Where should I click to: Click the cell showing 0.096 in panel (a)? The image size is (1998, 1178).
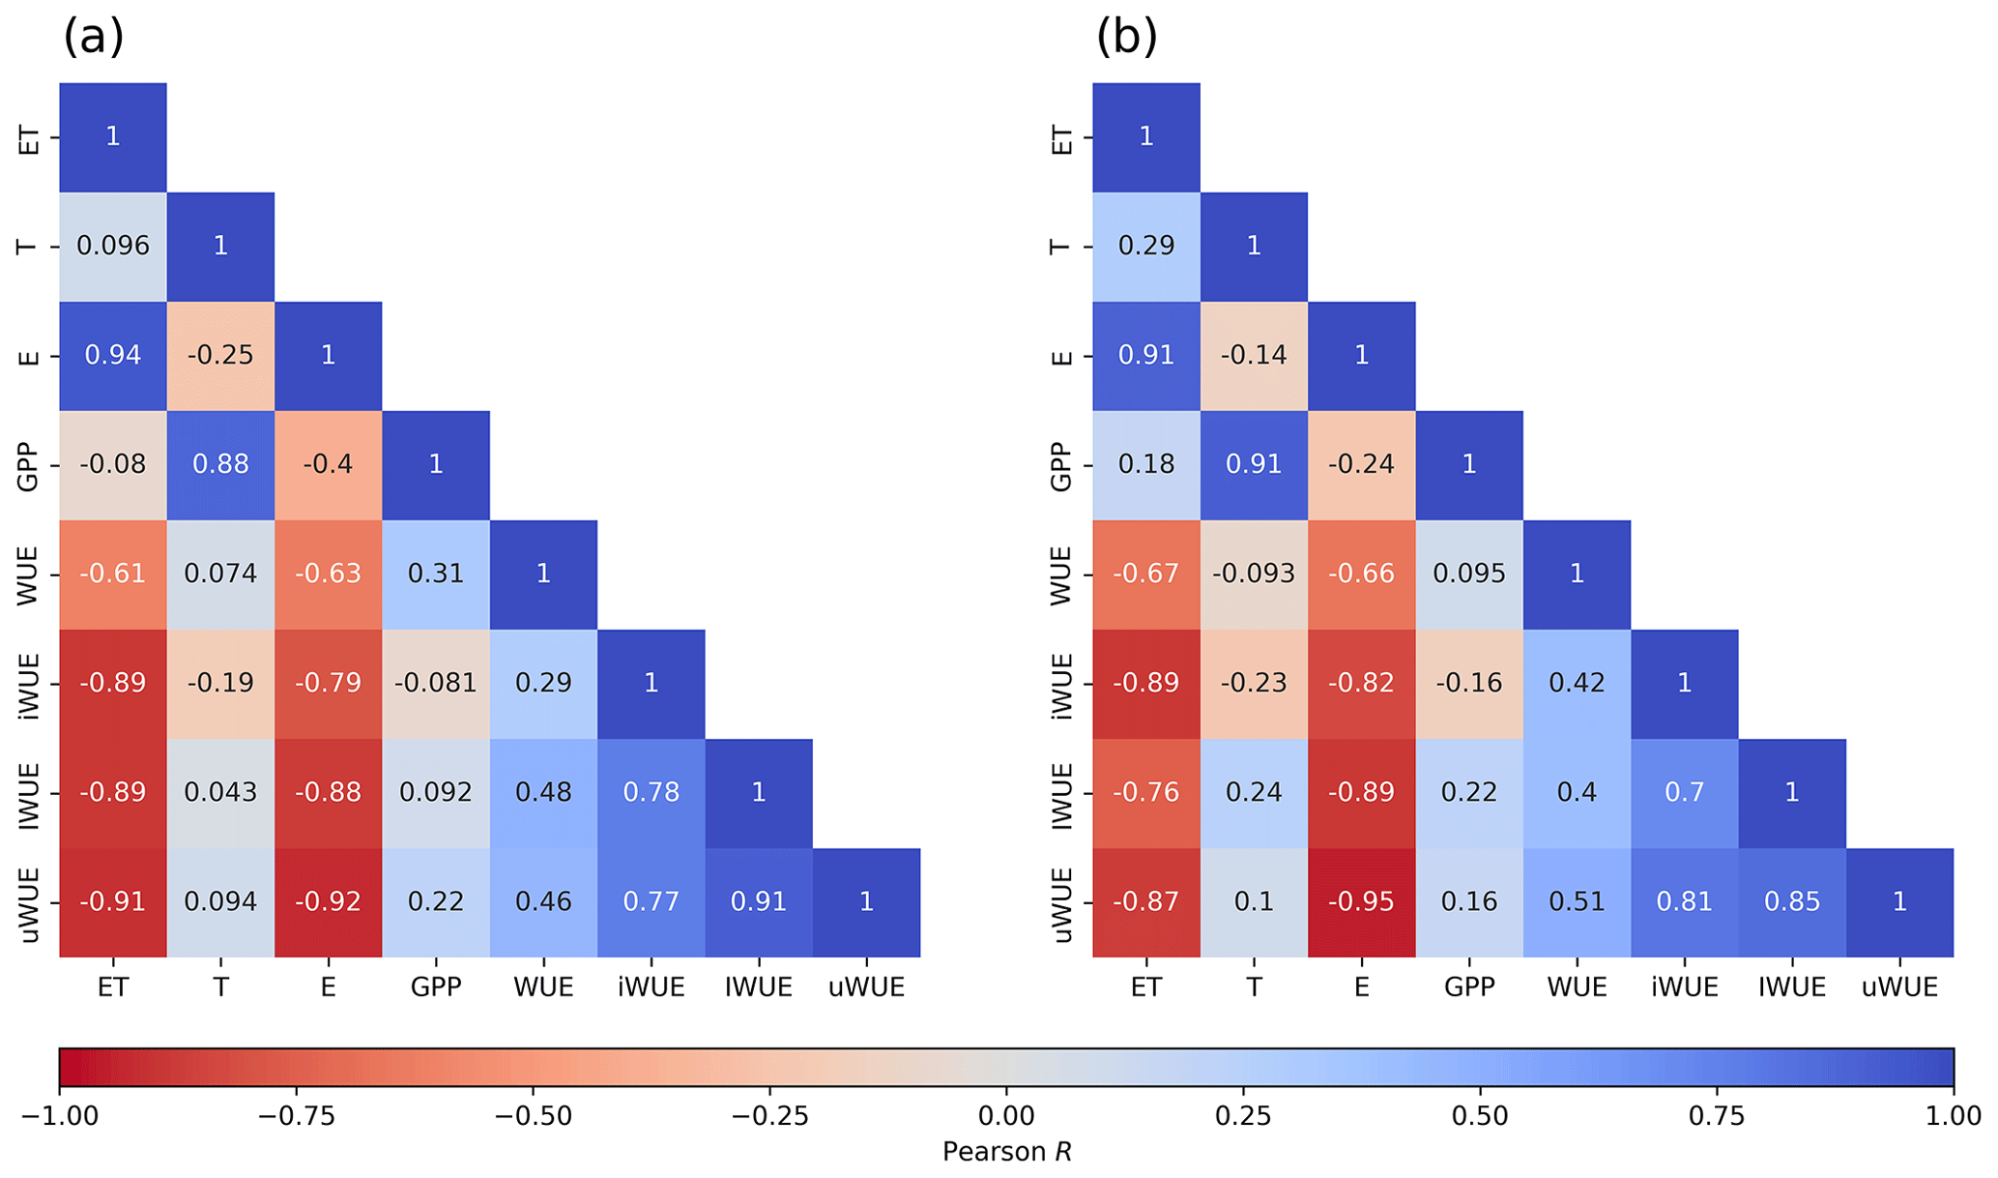(113, 246)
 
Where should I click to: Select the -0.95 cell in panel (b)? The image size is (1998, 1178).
(1361, 901)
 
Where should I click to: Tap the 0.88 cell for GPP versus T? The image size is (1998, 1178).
(220, 464)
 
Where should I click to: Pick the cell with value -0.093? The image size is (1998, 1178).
(1254, 574)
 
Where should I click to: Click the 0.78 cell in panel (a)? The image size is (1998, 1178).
(651, 792)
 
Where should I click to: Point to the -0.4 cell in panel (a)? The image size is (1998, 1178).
(328, 464)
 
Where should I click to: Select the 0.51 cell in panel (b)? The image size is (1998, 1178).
(1577, 901)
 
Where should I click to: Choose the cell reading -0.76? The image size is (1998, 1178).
(1145, 792)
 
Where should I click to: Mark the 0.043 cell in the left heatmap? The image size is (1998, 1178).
(220, 792)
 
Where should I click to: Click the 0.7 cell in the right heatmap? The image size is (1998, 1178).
(1684, 792)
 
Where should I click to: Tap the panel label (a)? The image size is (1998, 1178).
(93, 38)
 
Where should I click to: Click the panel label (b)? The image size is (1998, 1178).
(1126, 38)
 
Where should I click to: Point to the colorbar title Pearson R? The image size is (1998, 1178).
(1006, 1152)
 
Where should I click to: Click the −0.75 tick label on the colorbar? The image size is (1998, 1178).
(296, 1116)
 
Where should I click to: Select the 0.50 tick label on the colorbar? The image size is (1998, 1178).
(1480, 1116)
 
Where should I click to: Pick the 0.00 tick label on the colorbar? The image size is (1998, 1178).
(1006, 1116)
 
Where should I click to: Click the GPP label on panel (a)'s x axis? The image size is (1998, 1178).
(436, 987)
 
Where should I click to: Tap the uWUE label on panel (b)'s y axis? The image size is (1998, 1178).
(1061, 903)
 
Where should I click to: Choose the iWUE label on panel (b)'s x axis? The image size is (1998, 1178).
(1684, 987)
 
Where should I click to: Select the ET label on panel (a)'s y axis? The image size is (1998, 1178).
(29, 137)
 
